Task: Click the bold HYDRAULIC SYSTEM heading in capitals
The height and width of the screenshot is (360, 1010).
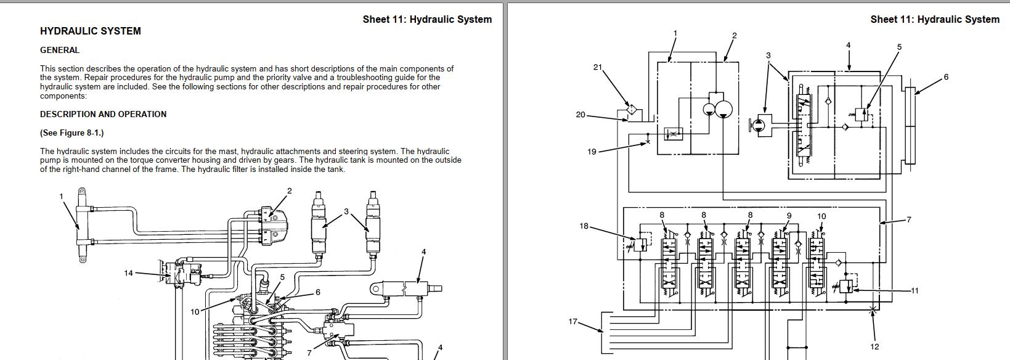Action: point(91,31)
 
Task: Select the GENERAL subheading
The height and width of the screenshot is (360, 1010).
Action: point(60,51)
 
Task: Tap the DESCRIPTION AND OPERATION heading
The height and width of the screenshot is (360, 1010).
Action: point(103,114)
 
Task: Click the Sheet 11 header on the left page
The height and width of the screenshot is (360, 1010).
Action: point(427,19)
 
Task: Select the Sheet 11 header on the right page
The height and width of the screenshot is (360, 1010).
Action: point(934,19)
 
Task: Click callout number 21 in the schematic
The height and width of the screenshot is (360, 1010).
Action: point(597,67)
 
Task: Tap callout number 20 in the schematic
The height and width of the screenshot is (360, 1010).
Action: point(580,115)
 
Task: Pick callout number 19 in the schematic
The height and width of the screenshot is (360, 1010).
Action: point(592,152)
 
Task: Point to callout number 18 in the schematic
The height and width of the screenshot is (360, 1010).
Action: point(584,226)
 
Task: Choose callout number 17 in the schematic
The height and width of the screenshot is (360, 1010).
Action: point(572,321)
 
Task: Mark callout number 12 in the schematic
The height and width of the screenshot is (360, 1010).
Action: point(874,346)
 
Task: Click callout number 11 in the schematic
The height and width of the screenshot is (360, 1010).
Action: point(914,290)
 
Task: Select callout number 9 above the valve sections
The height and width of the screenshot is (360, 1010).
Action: point(789,216)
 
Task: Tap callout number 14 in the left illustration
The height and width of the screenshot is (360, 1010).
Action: point(128,273)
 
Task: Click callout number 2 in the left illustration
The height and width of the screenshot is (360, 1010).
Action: point(290,191)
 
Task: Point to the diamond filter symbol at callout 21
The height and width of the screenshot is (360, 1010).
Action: point(631,110)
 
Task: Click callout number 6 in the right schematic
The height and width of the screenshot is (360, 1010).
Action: point(946,77)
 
